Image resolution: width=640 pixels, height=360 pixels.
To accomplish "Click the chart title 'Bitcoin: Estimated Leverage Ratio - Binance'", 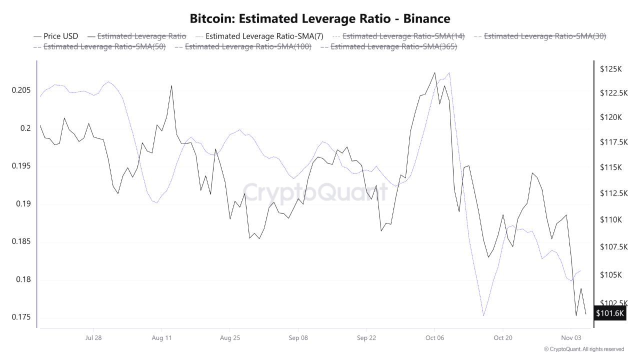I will (320, 18).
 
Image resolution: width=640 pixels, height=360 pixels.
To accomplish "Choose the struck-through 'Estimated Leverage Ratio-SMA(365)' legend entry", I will (393, 46).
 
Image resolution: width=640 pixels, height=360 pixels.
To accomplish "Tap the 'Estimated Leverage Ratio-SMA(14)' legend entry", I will (403, 36).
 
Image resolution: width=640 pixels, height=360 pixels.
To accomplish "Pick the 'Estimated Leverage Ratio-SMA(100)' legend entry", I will (248, 46).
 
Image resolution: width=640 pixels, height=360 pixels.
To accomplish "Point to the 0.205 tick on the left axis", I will (20, 90).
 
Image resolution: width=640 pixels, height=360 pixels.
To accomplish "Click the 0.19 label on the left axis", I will (22, 204).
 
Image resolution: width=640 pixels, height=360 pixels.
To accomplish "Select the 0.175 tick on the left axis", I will (20, 317).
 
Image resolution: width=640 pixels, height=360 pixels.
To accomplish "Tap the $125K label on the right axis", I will (610, 69).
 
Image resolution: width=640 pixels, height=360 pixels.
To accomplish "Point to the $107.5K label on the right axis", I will (612, 247).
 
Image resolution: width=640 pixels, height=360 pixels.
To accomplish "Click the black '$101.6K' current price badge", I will (610, 313).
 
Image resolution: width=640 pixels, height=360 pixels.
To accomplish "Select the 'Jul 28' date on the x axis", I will (93, 338).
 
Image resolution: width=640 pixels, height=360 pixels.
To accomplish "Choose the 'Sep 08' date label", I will (298, 338).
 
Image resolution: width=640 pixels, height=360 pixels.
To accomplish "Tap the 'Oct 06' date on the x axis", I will (434, 338).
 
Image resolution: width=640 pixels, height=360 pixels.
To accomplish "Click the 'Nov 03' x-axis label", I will (570, 338).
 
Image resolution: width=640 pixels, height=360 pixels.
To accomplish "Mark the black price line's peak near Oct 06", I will (434, 72).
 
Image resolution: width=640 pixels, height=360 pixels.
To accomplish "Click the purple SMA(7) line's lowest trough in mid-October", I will (483, 316).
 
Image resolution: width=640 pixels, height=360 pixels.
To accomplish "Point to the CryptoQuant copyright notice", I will (583, 349).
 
